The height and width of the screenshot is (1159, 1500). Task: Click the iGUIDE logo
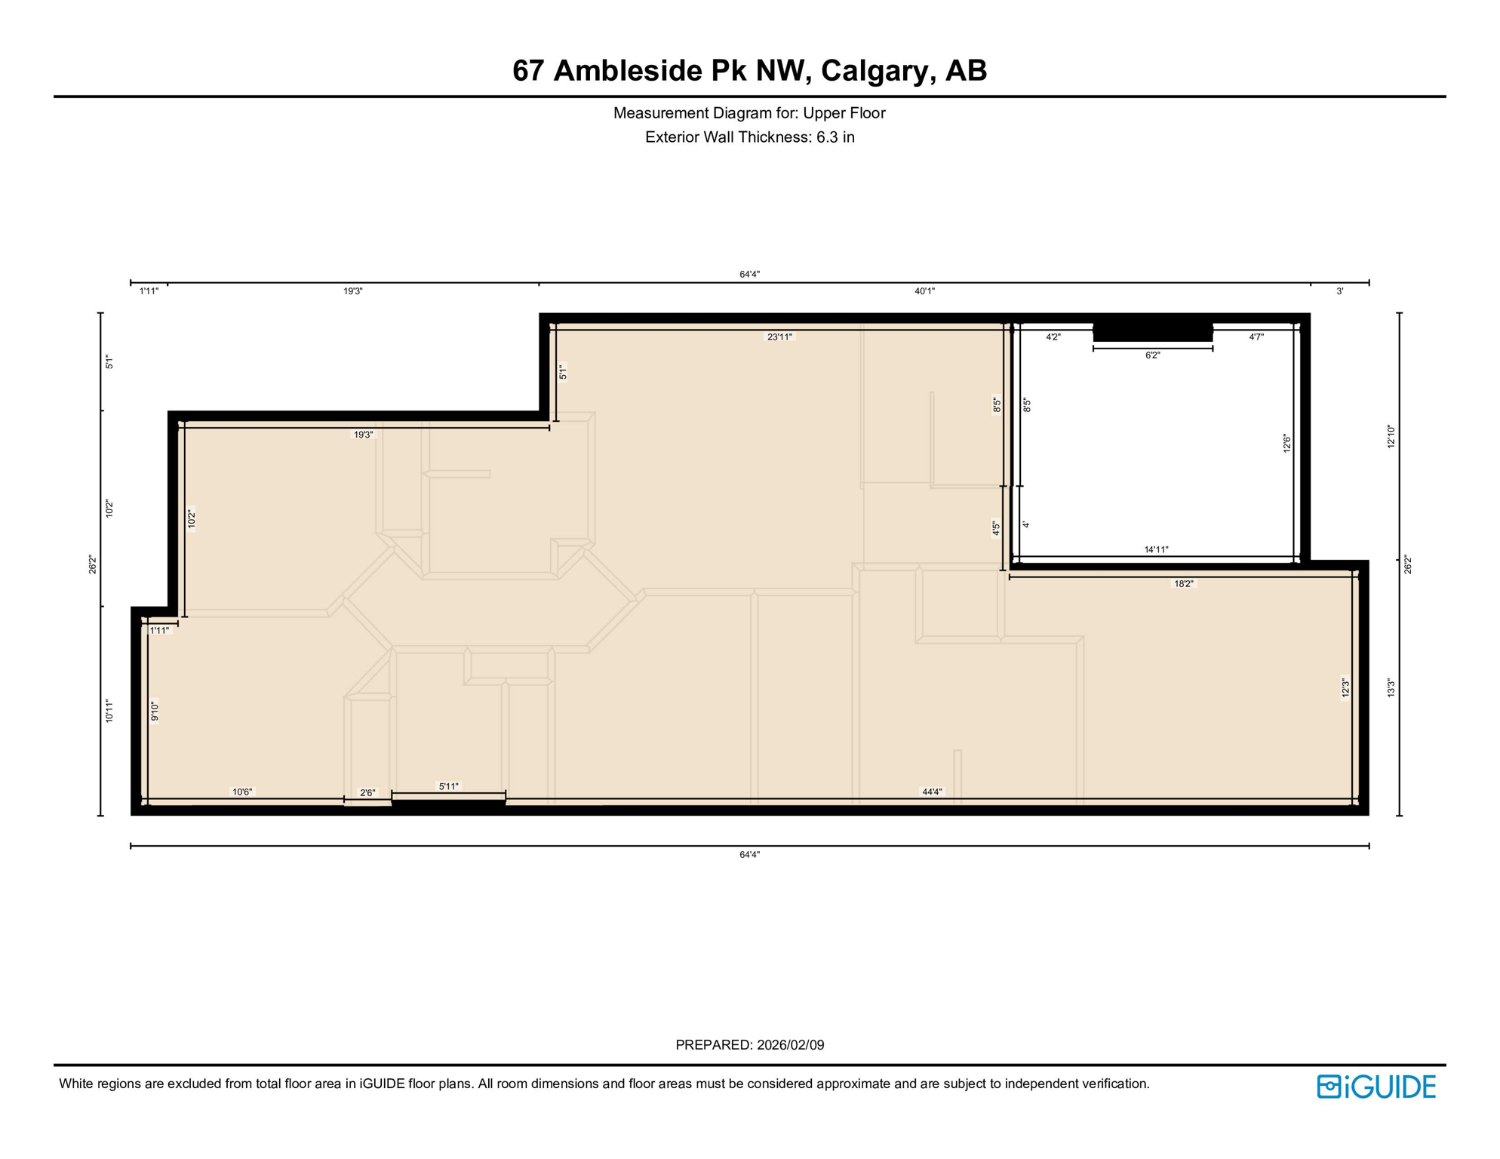tap(1376, 1087)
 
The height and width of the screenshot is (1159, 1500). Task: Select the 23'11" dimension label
tap(779, 337)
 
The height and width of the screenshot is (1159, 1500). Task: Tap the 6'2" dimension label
tap(1152, 355)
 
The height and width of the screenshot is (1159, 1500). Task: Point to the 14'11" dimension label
tap(1156, 550)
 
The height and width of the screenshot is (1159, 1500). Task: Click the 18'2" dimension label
tap(1183, 584)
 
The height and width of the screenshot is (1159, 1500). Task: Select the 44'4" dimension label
tap(932, 792)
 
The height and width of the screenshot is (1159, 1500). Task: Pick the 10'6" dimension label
tap(242, 792)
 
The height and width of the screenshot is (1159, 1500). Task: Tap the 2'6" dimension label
tap(367, 793)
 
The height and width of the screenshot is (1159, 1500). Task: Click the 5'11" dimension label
tap(448, 786)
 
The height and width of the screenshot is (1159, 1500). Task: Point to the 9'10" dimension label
tap(155, 712)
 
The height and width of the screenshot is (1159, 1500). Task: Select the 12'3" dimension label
tap(1345, 687)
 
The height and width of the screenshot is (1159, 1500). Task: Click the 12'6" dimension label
tap(1287, 444)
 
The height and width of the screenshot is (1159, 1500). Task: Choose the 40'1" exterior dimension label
tap(924, 291)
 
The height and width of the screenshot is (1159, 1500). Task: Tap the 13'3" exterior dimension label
tap(1391, 687)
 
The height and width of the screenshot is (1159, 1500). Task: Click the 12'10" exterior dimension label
tap(1391, 437)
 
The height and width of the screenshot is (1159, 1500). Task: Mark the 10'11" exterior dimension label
tap(109, 711)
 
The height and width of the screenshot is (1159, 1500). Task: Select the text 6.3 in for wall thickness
tap(835, 137)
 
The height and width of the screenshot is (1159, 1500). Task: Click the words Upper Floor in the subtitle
tap(844, 113)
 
